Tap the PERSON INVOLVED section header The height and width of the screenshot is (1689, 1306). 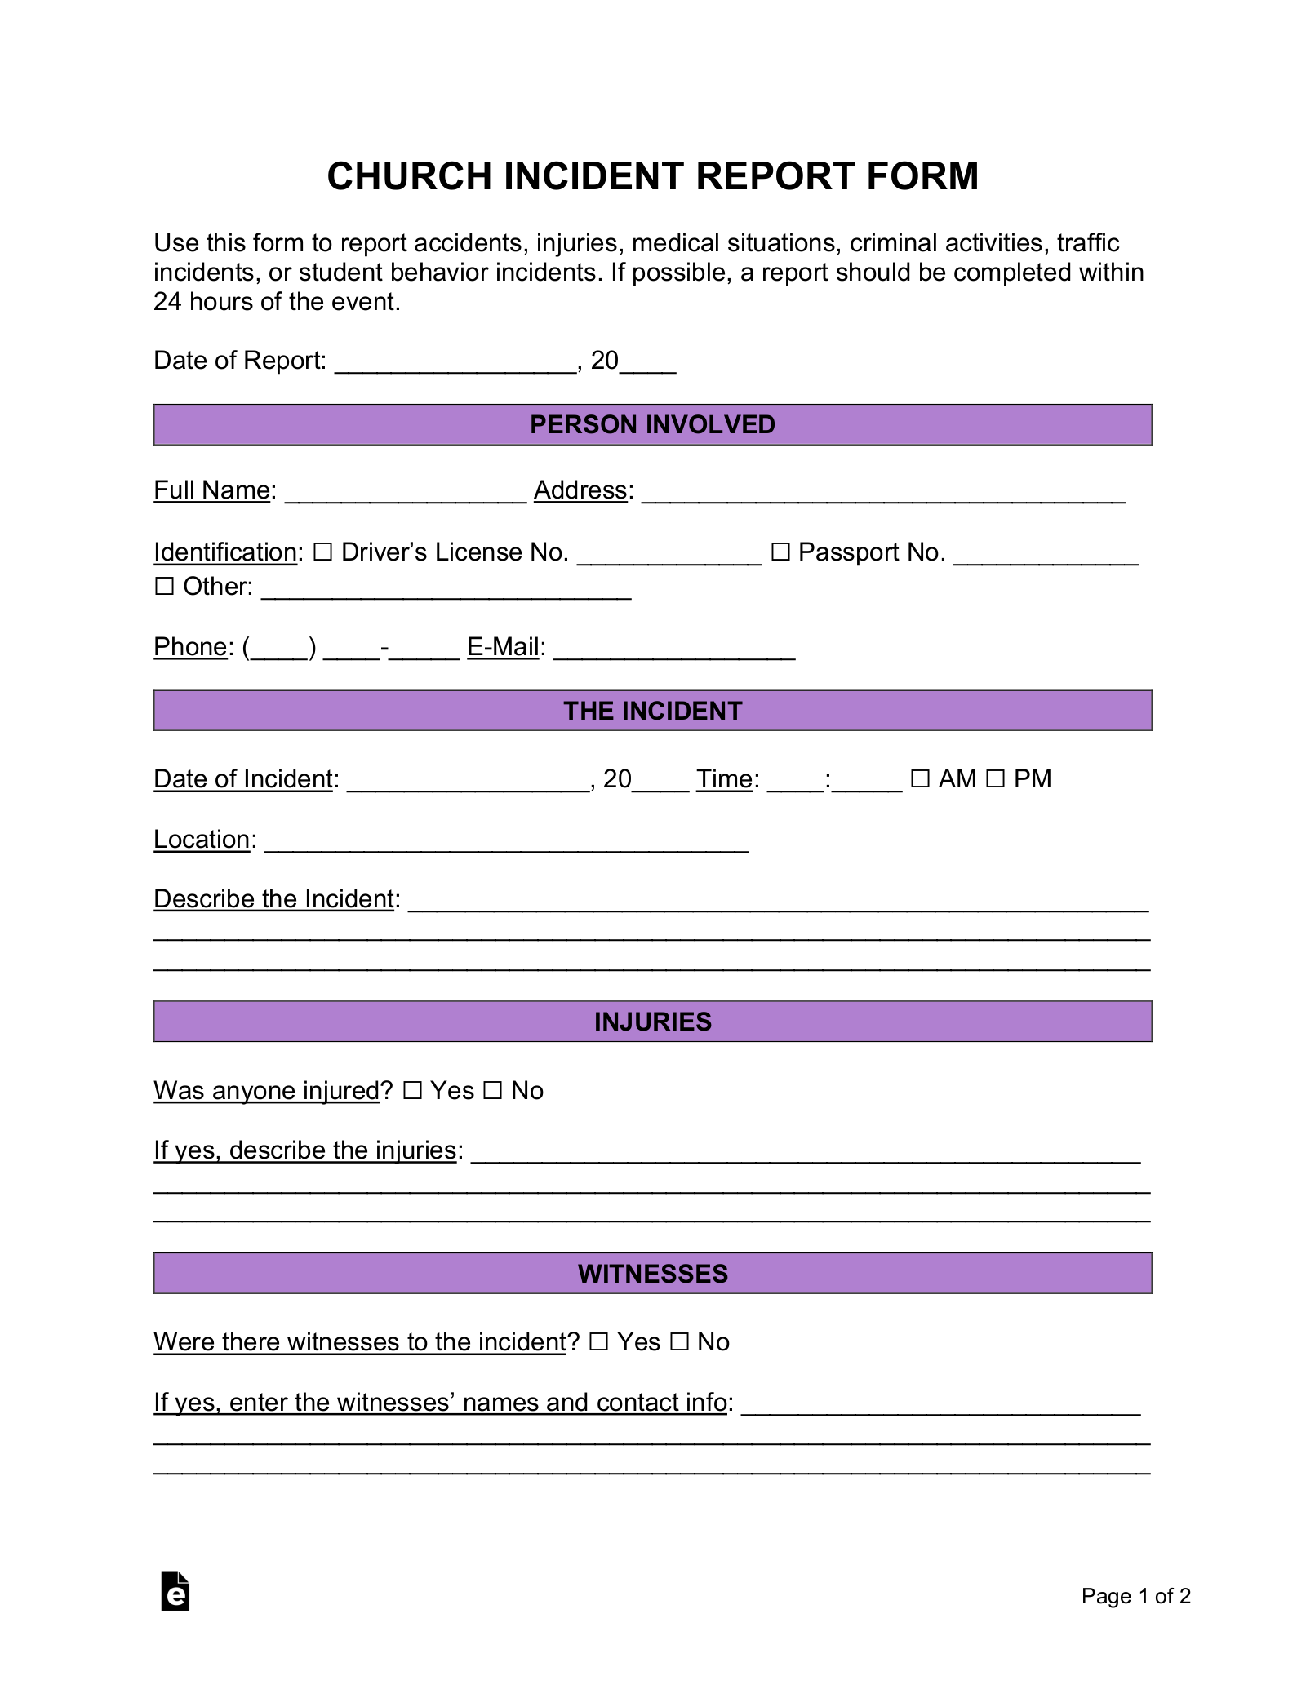coord(652,424)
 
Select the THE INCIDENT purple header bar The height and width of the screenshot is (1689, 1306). coord(652,711)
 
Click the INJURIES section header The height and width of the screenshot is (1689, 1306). coord(652,1022)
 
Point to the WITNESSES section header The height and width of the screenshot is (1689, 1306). coord(652,1274)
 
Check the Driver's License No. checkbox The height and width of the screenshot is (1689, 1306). coord(323,552)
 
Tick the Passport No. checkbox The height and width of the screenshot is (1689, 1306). coord(780,552)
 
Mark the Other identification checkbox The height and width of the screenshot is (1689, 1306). coord(165,587)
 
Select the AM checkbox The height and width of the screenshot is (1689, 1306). coord(920,779)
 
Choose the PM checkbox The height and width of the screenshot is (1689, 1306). coord(995,779)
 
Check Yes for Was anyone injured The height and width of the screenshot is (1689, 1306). coord(412,1091)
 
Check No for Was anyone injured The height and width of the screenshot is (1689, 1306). coord(492,1091)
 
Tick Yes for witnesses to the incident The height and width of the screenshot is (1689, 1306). coord(598,1342)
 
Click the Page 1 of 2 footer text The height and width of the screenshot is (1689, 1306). coord(1135,1596)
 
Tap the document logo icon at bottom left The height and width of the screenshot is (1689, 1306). coord(175,1591)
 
